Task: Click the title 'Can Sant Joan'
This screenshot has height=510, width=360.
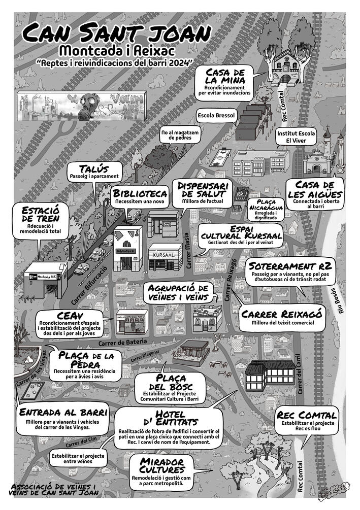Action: pyautogui.click(x=116, y=33)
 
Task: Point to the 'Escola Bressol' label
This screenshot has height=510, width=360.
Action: pyautogui.click(x=216, y=115)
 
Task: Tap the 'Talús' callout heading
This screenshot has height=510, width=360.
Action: pyautogui.click(x=94, y=168)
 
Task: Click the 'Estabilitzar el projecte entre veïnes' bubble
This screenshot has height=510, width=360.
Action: pyautogui.click(x=78, y=459)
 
